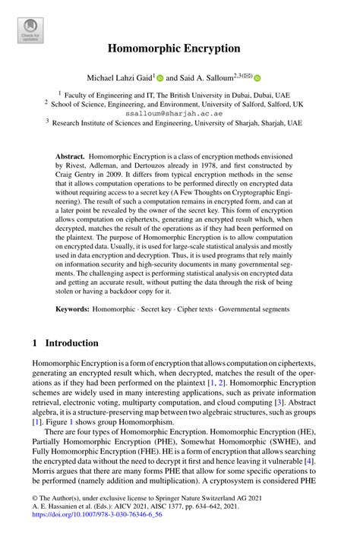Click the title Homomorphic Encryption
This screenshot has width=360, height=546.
[x=179, y=48]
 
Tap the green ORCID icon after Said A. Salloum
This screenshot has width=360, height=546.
[x=257, y=77]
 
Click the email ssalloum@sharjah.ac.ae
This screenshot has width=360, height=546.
[x=179, y=111]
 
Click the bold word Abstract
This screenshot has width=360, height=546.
[x=70, y=153]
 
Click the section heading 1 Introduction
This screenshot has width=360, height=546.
[x=65, y=343]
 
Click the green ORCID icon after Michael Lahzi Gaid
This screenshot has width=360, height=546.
[x=160, y=77]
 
